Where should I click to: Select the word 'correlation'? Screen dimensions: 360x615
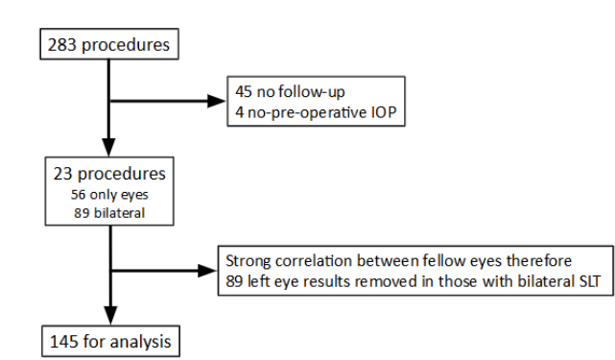[312, 260]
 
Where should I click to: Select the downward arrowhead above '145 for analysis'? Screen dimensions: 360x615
[111, 315]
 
